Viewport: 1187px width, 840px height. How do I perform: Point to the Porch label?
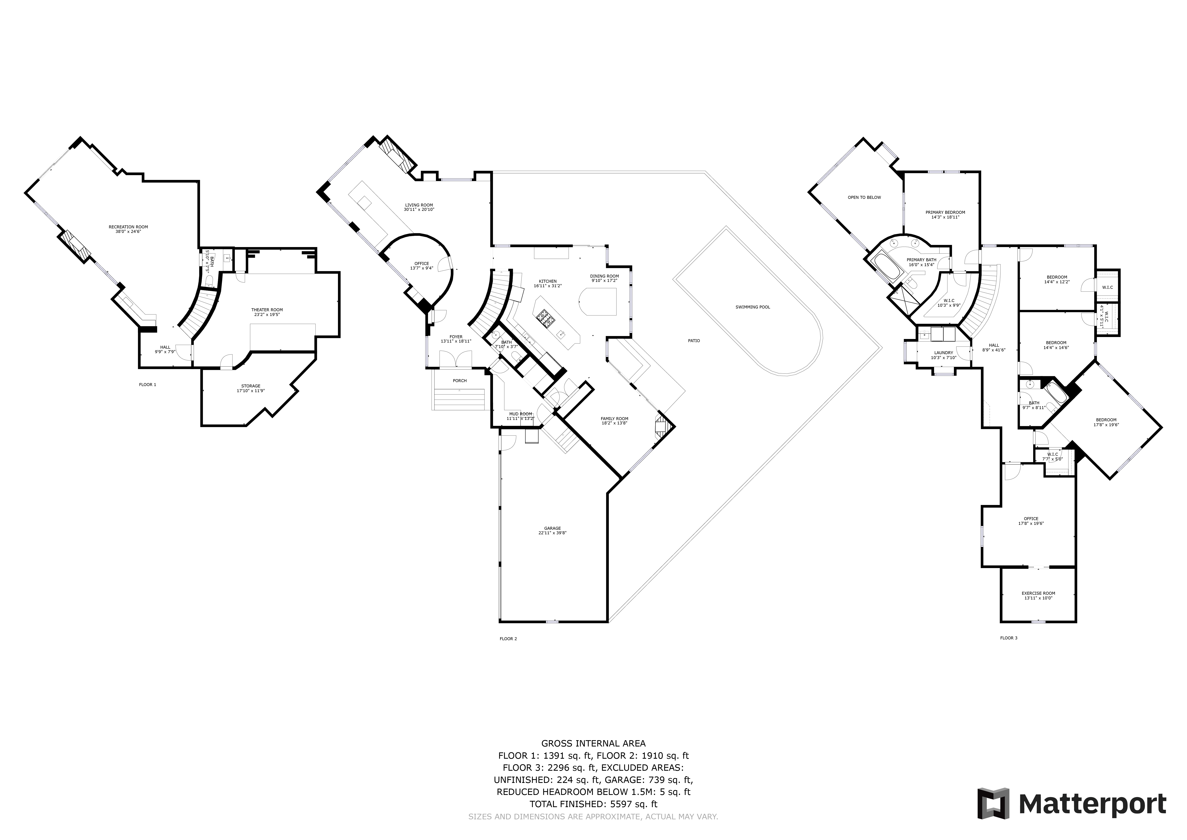tap(460, 381)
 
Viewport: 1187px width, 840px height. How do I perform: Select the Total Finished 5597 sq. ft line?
tap(593, 804)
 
